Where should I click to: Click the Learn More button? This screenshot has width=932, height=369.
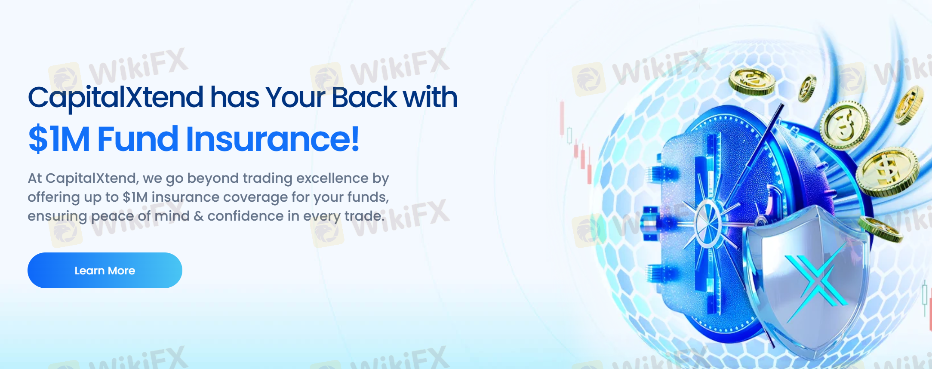point(105,270)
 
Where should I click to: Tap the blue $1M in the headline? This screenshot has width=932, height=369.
point(59,139)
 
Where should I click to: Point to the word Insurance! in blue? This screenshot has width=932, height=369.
point(272,139)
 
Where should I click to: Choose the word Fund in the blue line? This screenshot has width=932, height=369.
point(138,139)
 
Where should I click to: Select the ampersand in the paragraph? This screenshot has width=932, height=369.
point(199,216)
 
